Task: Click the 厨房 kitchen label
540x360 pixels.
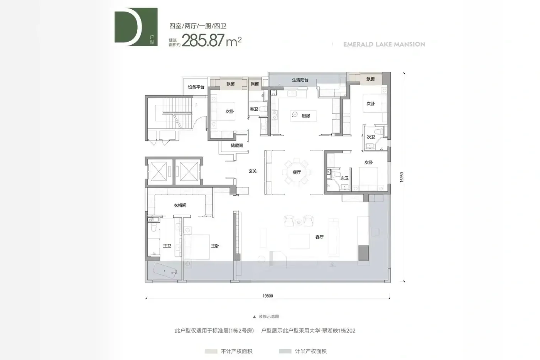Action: tap(305, 116)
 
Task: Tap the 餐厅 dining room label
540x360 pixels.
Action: tap(297, 172)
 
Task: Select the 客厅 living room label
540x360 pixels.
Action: tap(319, 237)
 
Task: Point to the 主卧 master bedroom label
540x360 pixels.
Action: tap(215, 246)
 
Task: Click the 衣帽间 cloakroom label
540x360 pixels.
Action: tap(180, 205)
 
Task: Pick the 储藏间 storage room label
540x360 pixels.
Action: tap(237, 145)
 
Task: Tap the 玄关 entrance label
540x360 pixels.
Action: tap(253, 171)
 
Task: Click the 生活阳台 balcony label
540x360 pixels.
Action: tap(300, 80)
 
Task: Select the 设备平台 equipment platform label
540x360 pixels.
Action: tap(196, 87)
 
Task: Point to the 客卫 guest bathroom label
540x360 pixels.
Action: tap(254, 109)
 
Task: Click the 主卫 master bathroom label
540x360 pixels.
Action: tap(167, 246)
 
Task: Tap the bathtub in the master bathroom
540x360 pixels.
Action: tap(165, 271)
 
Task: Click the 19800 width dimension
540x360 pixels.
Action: tap(268, 296)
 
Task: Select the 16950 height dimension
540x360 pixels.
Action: tap(402, 177)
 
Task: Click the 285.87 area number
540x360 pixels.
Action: tap(203, 40)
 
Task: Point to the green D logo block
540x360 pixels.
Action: tap(136, 27)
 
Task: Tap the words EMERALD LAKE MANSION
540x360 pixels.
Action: tap(384, 44)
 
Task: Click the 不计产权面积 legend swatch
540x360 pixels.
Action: tap(211, 352)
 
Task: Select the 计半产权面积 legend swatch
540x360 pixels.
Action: tap(285, 352)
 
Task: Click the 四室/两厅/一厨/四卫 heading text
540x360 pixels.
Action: tap(197, 26)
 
